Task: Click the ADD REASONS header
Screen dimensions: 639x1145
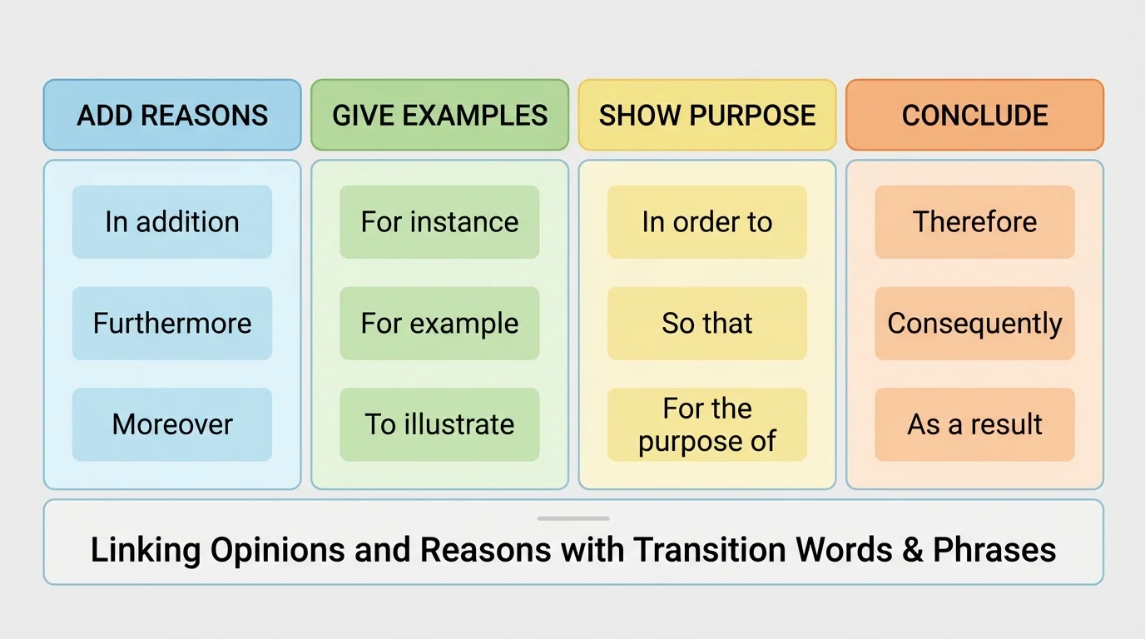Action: click(x=172, y=115)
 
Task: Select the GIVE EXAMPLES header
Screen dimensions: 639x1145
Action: click(x=439, y=115)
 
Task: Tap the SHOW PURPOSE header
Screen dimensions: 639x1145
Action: click(x=707, y=115)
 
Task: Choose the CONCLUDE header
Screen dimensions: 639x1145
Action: click(x=974, y=115)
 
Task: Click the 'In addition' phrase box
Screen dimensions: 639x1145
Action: click(x=172, y=222)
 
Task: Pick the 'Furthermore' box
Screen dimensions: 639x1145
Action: click(x=172, y=323)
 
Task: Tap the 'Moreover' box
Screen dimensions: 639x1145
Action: click(x=172, y=424)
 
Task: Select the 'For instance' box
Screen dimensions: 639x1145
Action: click(x=439, y=222)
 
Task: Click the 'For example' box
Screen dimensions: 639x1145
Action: click(x=439, y=323)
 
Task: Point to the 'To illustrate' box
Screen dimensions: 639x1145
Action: click(x=439, y=424)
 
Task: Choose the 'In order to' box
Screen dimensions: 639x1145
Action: click(x=707, y=222)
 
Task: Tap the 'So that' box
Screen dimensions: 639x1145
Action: click(x=707, y=323)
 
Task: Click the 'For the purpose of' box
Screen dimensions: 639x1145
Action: click(x=707, y=424)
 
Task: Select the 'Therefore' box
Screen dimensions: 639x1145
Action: click(x=974, y=222)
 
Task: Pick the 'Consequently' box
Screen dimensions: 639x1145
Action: click(x=974, y=323)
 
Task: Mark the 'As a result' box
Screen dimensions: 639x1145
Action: click(x=974, y=424)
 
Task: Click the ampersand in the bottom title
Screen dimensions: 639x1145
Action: click(x=912, y=550)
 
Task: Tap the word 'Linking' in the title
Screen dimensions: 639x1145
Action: click(x=146, y=550)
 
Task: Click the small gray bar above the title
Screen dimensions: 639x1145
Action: click(x=572, y=518)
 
